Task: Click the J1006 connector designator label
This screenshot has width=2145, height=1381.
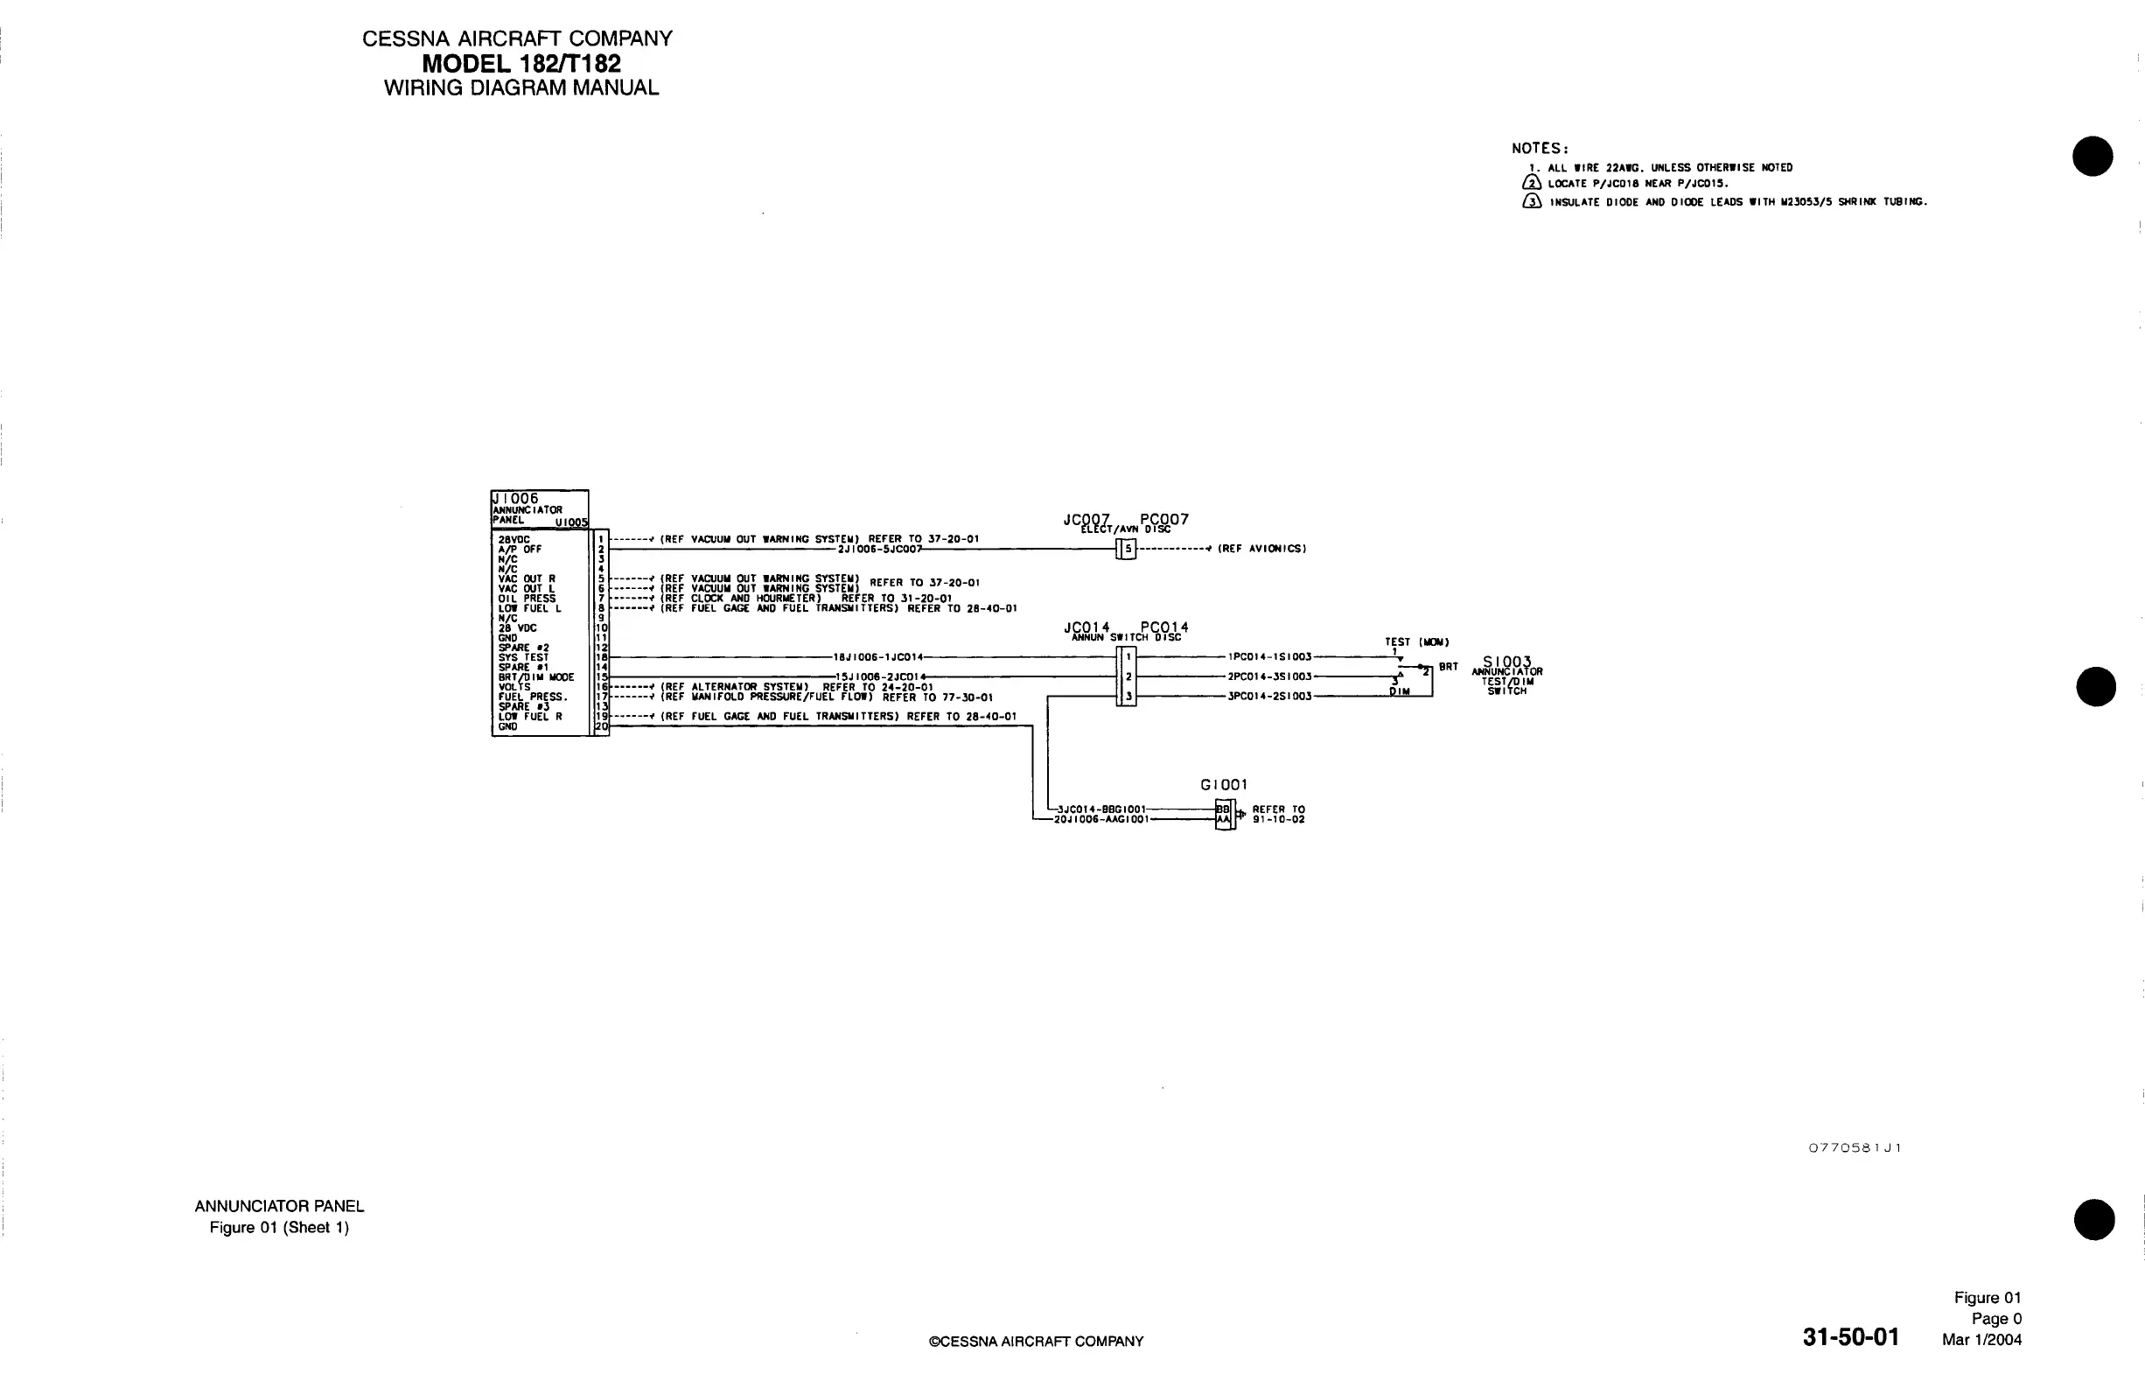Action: pyautogui.click(x=515, y=499)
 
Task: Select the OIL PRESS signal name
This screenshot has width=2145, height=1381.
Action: pyautogui.click(x=527, y=598)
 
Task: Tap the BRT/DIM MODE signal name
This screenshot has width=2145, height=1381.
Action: pyautogui.click(x=536, y=677)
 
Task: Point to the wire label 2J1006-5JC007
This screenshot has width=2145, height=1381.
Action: pyautogui.click(x=879, y=549)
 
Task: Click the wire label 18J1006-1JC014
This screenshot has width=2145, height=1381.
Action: pyautogui.click(x=877, y=657)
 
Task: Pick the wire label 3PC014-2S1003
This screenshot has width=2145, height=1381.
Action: pyautogui.click(x=1269, y=696)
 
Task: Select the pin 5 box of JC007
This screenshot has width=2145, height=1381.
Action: pyautogui.click(x=1128, y=549)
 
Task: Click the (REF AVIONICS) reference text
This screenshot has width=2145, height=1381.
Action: pyautogui.click(x=1261, y=549)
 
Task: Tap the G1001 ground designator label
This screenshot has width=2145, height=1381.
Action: pyautogui.click(x=1224, y=785)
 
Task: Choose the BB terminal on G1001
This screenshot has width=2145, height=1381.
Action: pyautogui.click(x=1223, y=809)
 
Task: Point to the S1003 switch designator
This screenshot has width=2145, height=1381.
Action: pyautogui.click(x=1506, y=662)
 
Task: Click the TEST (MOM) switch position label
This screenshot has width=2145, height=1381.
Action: pyautogui.click(x=1416, y=642)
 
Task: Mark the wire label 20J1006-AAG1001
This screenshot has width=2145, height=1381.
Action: pyautogui.click(x=1100, y=819)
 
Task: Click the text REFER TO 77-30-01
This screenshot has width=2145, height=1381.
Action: pyautogui.click(x=938, y=697)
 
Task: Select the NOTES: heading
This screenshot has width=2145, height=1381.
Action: pyautogui.click(x=1540, y=149)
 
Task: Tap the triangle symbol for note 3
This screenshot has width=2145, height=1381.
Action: pyautogui.click(x=1532, y=202)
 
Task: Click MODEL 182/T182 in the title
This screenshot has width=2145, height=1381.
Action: pyautogui.click(x=521, y=64)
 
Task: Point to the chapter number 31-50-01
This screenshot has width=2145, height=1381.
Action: pyautogui.click(x=1850, y=1337)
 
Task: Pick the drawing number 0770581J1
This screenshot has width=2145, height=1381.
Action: pyautogui.click(x=1855, y=1148)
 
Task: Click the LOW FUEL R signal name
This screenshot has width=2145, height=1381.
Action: pyautogui.click(x=530, y=717)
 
